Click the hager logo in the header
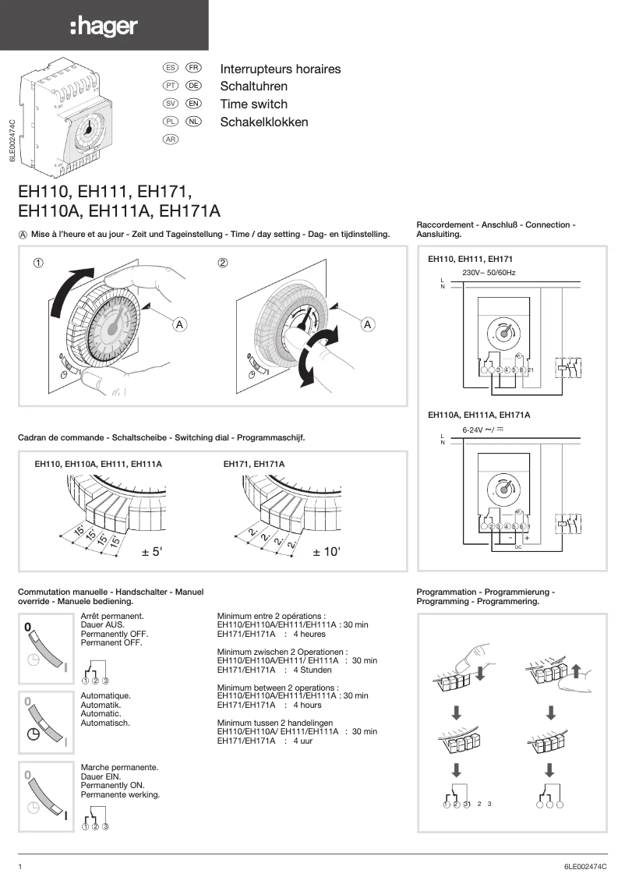pyautogui.click(x=104, y=27)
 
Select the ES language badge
pyautogui.click(x=170, y=69)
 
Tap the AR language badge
pyautogui.click(x=170, y=139)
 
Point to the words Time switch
pyautogui.click(x=253, y=104)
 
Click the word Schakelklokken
pyautogui.click(x=263, y=122)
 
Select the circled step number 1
pyautogui.click(x=37, y=263)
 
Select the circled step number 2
pyautogui.click(x=222, y=263)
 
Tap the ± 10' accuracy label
pyautogui.click(x=327, y=552)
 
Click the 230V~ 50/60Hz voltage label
pyautogui.click(x=489, y=273)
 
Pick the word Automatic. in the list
pyautogui.click(x=101, y=713)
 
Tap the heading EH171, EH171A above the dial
pyautogui.click(x=254, y=465)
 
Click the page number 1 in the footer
pyautogui.click(x=20, y=866)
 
